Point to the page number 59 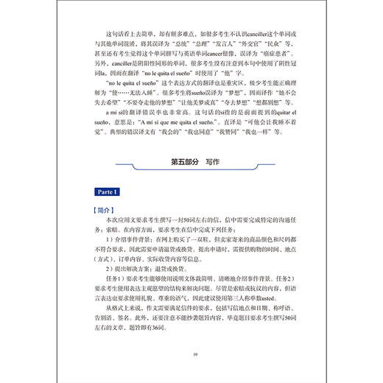(x=191, y=355)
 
